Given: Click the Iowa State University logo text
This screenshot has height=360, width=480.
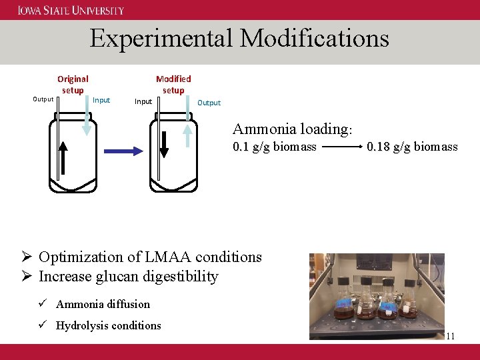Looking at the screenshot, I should [71, 10].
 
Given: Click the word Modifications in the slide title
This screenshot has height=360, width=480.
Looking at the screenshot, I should [315, 38].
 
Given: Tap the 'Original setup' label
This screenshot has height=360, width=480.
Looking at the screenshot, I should [73, 85].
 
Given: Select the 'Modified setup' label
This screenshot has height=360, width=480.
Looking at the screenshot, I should [173, 85].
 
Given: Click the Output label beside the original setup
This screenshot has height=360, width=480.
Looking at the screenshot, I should [43, 99].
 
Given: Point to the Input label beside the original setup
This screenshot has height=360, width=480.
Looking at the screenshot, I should [101, 100].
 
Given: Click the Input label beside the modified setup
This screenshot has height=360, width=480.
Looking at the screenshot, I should [143, 101].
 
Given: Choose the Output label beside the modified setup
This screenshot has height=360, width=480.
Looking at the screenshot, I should [209, 103].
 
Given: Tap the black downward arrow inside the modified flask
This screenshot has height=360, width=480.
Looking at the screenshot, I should [165, 143].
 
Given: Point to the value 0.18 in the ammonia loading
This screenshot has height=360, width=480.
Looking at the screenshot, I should [379, 147].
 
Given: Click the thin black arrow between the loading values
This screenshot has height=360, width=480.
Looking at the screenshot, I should [341, 147].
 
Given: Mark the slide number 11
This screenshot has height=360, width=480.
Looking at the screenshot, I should [451, 336].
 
